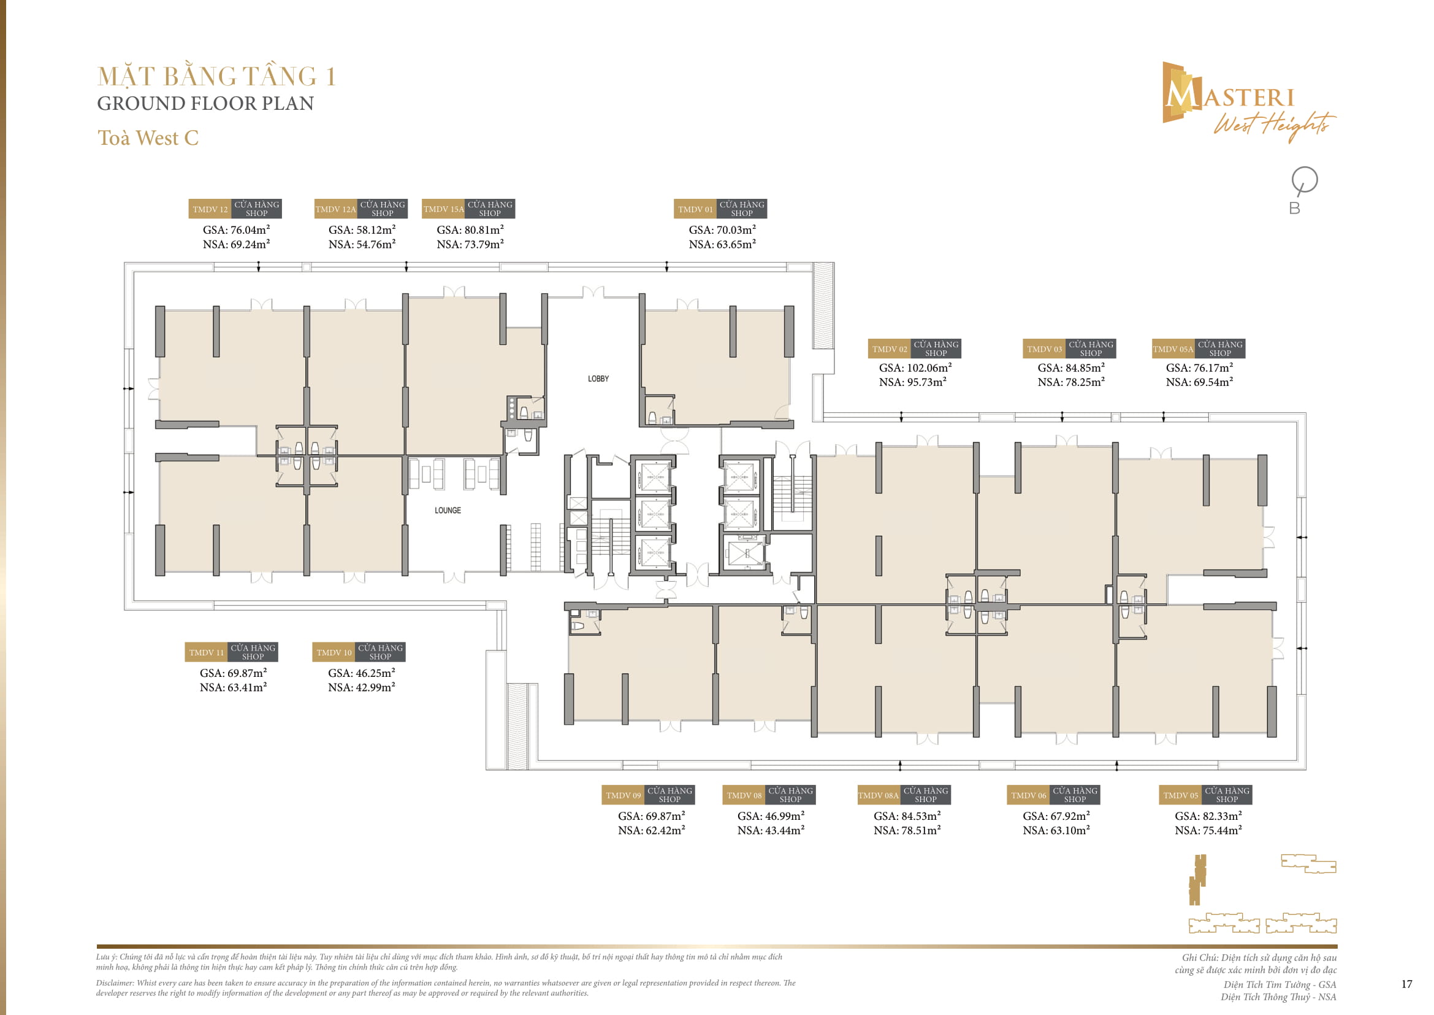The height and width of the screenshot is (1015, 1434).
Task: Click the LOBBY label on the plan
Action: click(598, 379)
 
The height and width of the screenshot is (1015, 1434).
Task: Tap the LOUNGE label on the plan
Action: click(448, 511)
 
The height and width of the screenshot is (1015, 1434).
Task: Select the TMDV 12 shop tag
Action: click(235, 209)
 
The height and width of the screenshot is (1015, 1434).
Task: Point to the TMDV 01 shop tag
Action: click(720, 209)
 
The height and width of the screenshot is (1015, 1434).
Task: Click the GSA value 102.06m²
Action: click(915, 368)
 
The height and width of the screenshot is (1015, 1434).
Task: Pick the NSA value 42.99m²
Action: click(362, 687)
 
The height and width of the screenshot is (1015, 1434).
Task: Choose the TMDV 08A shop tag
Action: click(904, 795)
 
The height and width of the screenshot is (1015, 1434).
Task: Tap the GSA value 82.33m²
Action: click(1208, 816)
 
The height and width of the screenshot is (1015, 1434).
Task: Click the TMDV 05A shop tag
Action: click(1199, 349)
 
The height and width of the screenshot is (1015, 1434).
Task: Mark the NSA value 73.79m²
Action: click(470, 244)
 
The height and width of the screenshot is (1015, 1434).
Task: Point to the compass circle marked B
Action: click(1304, 180)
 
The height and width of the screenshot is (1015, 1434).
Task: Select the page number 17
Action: click(1406, 984)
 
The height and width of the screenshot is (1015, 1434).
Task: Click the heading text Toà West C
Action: click(148, 138)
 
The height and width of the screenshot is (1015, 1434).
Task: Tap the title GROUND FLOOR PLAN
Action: click(205, 104)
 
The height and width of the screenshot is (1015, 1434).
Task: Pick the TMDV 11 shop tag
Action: click(231, 652)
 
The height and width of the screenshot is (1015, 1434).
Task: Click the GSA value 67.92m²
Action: click(1056, 816)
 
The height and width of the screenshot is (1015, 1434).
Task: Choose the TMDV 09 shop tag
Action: click(648, 795)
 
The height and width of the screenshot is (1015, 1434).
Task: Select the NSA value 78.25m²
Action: click(1071, 382)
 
